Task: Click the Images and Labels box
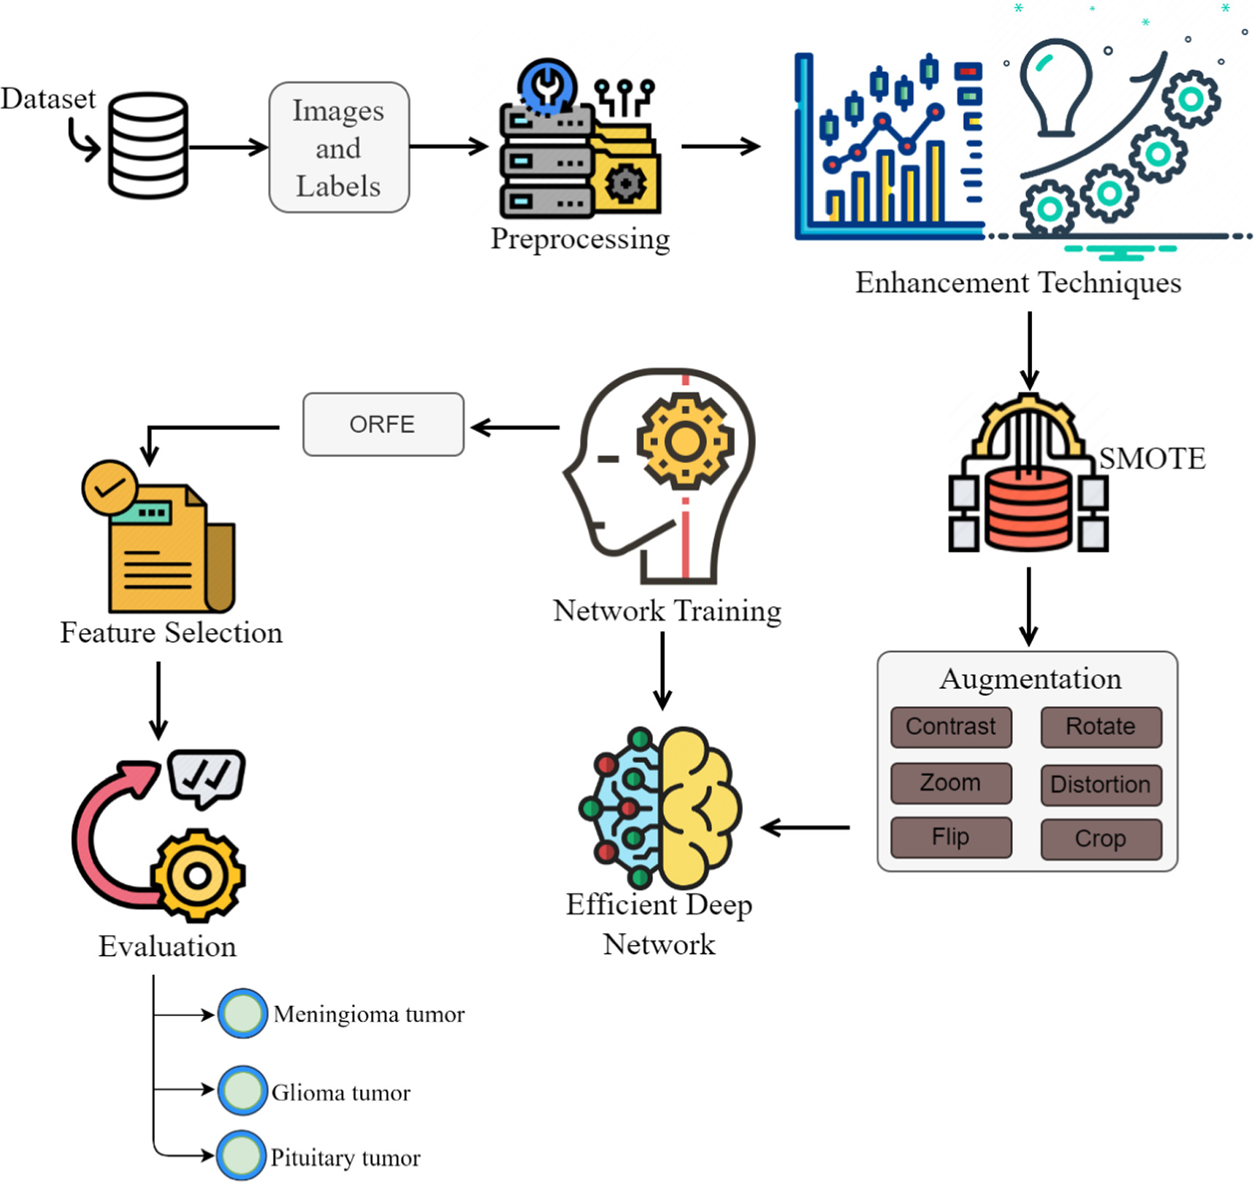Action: click(339, 147)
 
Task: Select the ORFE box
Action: click(383, 424)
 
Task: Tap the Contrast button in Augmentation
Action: click(950, 727)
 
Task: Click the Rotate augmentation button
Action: click(1101, 727)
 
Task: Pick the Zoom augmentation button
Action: click(950, 783)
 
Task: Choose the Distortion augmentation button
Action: click(1101, 785)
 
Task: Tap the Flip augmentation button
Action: click(950, 837)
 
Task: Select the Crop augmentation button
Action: click(1101, 839)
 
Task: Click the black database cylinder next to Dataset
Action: click(148, 145)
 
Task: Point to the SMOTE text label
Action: click(1152, 458)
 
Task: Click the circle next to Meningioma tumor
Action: click(242, 1013)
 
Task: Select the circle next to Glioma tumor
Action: click(242, 1090)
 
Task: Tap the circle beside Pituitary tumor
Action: click(241, 1155)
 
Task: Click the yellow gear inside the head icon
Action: click(684, 441)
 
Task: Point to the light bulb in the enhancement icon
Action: click(1056, 86)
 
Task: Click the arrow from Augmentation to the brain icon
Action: click(805, 827)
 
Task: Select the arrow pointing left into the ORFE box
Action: click(514, 427)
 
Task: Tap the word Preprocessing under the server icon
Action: click(580, 239)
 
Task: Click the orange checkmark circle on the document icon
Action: click(110, 487)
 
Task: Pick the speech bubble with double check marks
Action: click(206, 776)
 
